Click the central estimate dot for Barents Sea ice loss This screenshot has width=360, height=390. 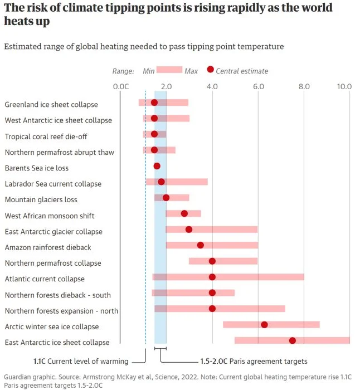157,166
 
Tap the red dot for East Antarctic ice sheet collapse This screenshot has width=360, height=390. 292,340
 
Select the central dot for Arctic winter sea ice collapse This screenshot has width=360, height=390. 264,325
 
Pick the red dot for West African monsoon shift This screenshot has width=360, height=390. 184,213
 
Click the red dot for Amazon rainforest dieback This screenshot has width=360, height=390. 201,245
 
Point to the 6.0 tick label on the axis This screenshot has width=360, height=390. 258,86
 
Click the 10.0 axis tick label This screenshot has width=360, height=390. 344,86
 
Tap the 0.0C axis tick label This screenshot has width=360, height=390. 120,86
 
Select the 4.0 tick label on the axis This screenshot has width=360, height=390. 212,86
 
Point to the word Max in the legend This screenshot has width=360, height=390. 191,71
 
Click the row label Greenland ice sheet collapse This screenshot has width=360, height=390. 51,105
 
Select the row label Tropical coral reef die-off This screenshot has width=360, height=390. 46,136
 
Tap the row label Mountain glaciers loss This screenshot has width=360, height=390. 41,199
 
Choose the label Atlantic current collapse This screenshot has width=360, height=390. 45,279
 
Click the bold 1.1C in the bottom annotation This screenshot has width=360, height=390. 40,361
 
